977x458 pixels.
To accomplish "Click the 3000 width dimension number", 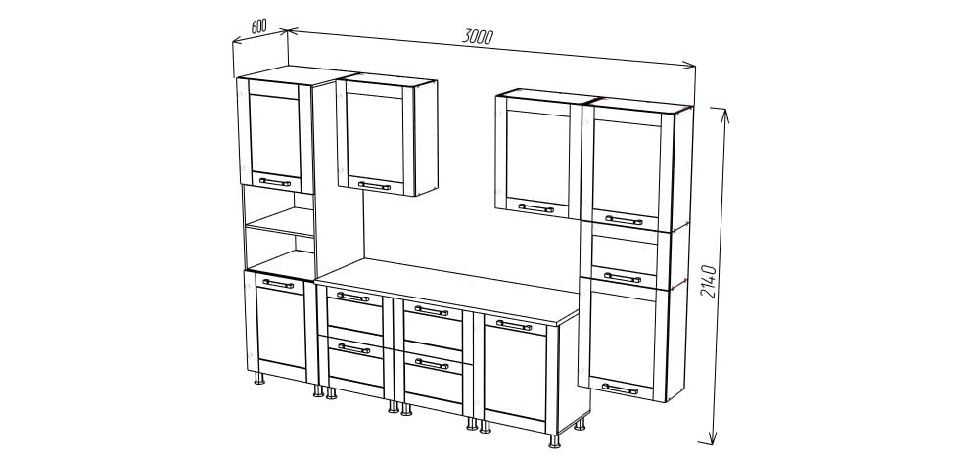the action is (x=478, y=36).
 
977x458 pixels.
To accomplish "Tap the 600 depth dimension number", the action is (x=259, y=25).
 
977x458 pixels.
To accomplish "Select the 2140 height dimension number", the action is (x=709, y=281).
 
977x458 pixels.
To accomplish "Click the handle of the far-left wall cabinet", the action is (x=275, y=182).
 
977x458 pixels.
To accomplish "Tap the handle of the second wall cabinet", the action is (x=374, y=185).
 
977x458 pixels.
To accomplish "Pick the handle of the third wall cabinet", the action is (x=535, y=208).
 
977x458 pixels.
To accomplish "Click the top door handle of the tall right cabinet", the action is (x=624, y=220).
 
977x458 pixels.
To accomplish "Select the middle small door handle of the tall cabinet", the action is (x=623, y=277).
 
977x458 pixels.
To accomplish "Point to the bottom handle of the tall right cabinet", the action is (x=620, y=389).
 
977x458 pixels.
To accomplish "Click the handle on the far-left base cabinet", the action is (x=278, y=284).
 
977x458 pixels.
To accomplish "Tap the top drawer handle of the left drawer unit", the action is (x=352, y=297).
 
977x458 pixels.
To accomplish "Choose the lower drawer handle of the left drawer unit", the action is (x=353, y=348).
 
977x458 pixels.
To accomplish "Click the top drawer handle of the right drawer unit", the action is (x=431, y=310).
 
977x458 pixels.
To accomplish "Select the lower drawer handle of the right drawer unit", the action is (x=431, y=363).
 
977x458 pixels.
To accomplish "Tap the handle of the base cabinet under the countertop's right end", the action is (x=514, y=325).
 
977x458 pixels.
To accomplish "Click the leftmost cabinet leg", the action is (x=259, y=378).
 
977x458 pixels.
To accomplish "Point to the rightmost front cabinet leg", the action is (x=554, y=441).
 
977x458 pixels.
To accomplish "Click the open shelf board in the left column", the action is (x=281, y=222).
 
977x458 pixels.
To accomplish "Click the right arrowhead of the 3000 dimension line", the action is (x=688, y=65).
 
